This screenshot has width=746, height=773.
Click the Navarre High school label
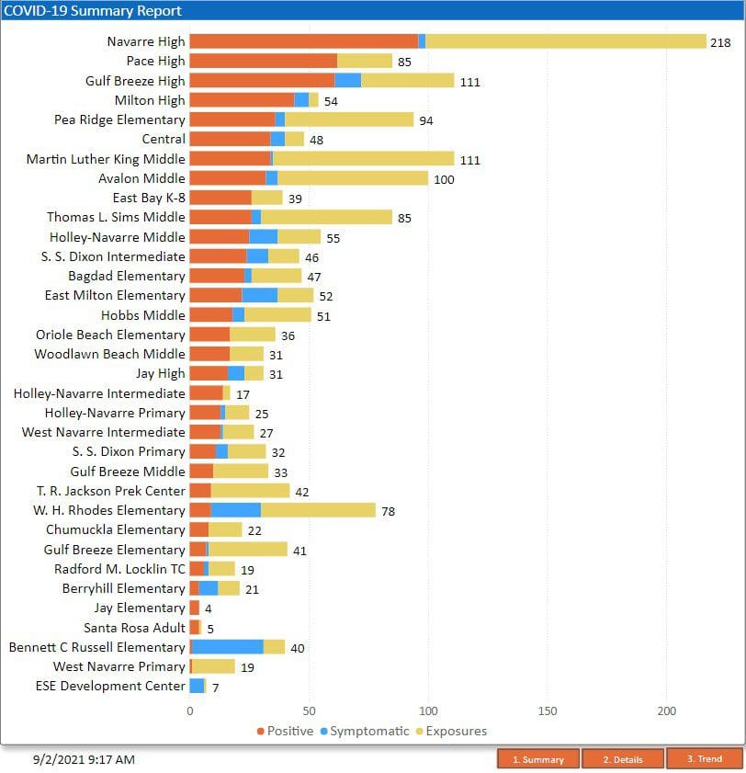(145, 41)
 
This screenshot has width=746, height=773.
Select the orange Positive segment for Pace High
(263, 61)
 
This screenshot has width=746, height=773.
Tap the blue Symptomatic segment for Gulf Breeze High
(347, 81)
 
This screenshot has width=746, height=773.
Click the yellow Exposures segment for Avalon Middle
(352, 178)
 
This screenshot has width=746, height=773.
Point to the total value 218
(720, 42)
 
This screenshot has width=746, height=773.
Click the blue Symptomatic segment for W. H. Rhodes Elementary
(235, 510)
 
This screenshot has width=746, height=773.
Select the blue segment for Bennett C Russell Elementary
(228, 647)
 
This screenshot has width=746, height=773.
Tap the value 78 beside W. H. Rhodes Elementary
(388, 511)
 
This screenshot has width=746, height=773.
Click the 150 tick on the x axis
(547, 711)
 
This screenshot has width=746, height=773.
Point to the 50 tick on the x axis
(309, 711)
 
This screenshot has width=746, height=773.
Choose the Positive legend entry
(285, 732)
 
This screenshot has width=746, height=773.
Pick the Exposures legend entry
(451, 732)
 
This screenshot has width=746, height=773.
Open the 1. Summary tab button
(537, 759)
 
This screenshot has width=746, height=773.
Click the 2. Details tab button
(622, 759)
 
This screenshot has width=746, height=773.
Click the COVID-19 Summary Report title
(93, 11)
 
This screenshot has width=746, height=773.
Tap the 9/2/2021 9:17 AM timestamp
(84, 759)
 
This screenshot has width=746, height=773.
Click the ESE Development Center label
(110, 686)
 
